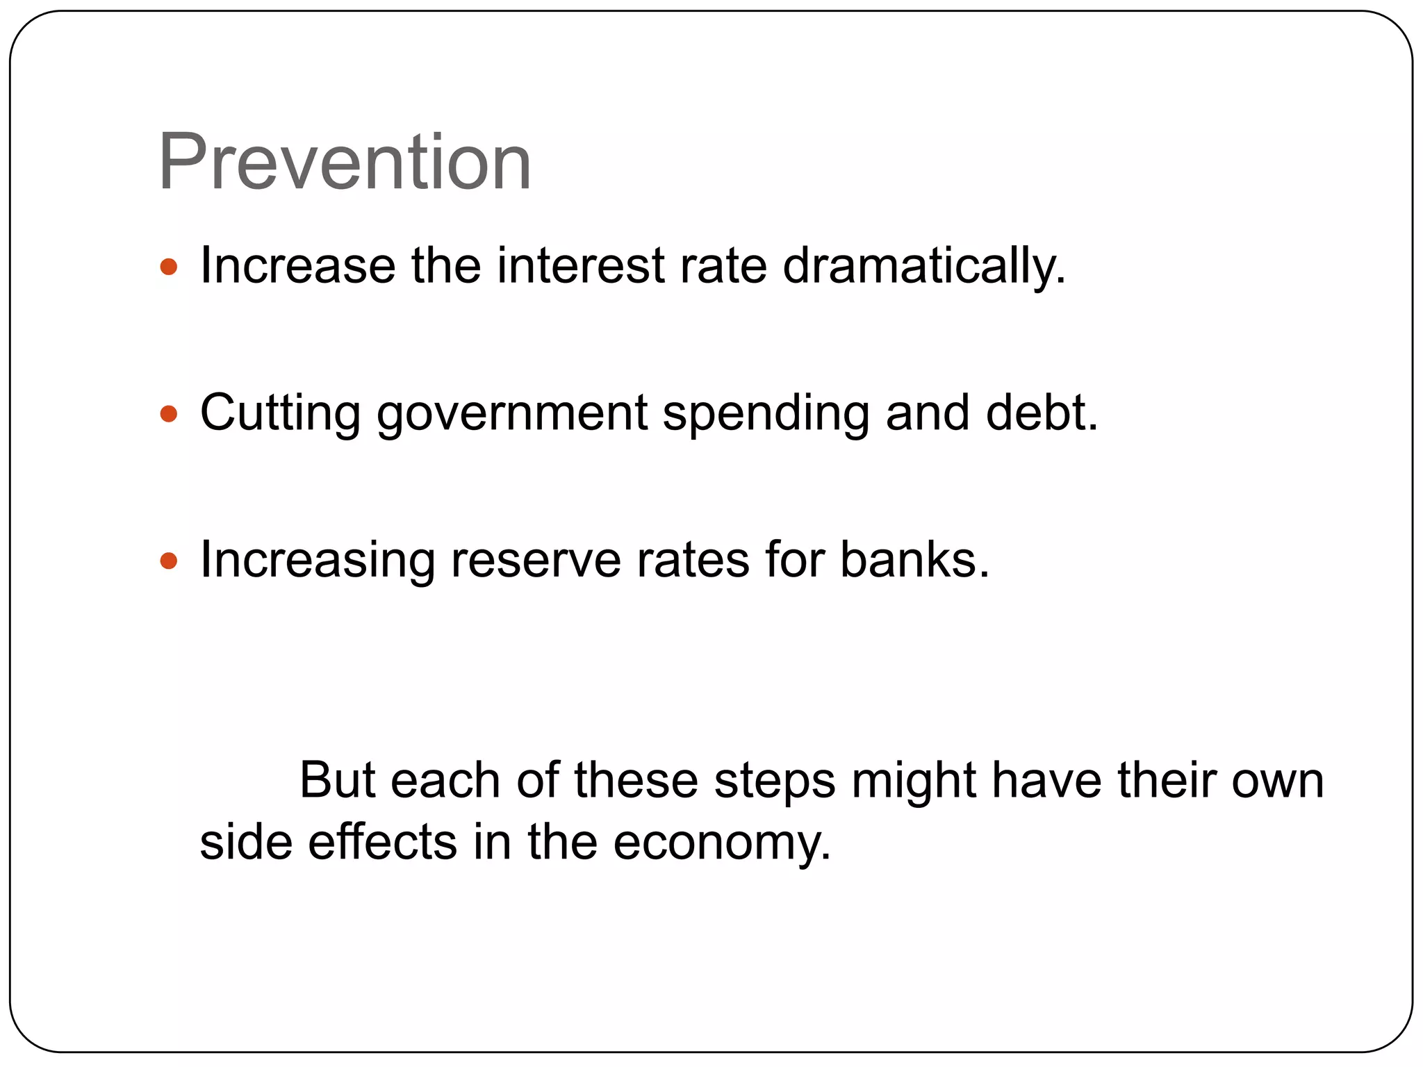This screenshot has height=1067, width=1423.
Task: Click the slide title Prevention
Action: pos(345,164)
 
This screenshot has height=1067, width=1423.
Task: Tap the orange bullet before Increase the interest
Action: pos(169,267)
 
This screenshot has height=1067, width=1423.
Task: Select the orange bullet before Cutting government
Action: pos(169,415)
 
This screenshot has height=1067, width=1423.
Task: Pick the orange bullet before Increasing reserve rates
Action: pos(169,561)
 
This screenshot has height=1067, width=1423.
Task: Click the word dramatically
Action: pos(923,267)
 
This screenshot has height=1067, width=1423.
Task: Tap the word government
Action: pos(512,415)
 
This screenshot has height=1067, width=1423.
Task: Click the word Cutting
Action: pos(280,415)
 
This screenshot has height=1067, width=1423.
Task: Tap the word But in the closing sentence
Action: pos(337,781)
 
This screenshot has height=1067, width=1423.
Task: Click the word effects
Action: pos(382,842)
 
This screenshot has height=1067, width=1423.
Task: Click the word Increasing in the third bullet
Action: pos(317,561)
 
